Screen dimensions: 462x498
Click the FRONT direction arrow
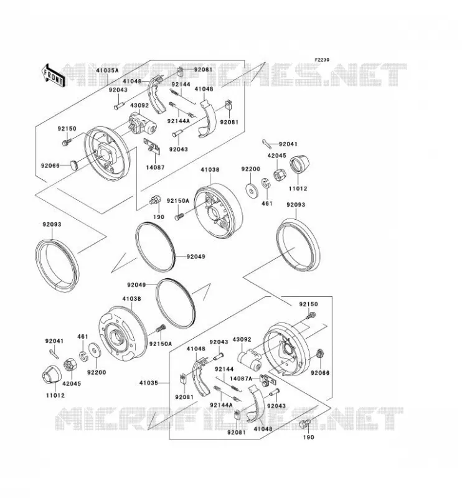pyautogui.click(x=54, y=76)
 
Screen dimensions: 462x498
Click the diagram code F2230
pyautogui.click(x=322, y=60)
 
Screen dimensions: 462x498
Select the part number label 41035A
pyautogui.click(x=107, y=70)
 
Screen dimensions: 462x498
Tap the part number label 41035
pyautogui.click(x=148, y=383)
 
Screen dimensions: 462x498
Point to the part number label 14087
pyautogui.click(x=156, y=167)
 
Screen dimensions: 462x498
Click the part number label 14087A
pyautogui.click(x=240, y=378)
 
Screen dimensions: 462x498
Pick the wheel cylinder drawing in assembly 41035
pyautogui.click(x=251, y=360)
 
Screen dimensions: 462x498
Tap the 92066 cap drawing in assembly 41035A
pyautogui.click(x=75, y=164)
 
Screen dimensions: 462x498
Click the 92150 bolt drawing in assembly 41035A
pyautogui.click(x=66, y=141)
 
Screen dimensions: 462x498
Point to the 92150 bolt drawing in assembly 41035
pyautogui.click(x=311, y=316)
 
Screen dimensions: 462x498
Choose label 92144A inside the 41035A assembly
pyautogui.click(x=178, y=121)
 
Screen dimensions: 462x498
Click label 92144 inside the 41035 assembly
pyautogui.click(x=224, y=369)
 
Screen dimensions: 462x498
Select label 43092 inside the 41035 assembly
pyautogui.click(x=242, y=339)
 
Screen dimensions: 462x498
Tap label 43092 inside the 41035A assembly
pyautogui.click(x=139, y=105)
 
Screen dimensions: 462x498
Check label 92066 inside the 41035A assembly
pyautogui.click(x=50, y=166)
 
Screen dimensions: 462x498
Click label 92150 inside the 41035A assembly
pyautogui.click(x=67, y=129)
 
